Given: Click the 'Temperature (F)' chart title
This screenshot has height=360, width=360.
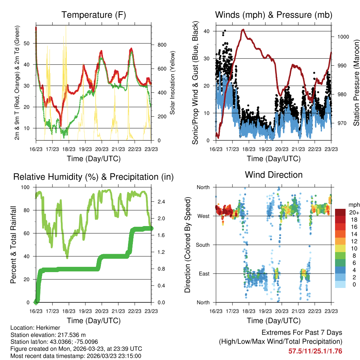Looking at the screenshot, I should (94, 15).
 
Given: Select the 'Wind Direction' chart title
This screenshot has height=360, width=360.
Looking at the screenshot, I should (274, 174).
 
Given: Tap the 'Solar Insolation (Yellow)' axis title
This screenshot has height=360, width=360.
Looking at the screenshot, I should (173, 83).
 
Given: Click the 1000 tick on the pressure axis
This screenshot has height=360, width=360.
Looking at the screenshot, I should (342, 37).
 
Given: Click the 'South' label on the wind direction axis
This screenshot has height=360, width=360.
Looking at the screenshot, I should (202, 245).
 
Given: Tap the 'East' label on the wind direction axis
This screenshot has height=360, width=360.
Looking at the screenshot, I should (204, 274).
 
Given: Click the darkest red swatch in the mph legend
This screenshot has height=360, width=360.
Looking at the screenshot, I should (340, 212).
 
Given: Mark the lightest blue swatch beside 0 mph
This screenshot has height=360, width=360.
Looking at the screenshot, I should (340, 285).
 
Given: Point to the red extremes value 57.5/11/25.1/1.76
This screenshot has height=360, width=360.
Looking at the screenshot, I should (315, 351).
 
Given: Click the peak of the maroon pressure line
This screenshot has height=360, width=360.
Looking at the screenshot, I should (243, 30).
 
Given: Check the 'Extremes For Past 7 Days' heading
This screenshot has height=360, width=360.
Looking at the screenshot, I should (302, 333).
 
